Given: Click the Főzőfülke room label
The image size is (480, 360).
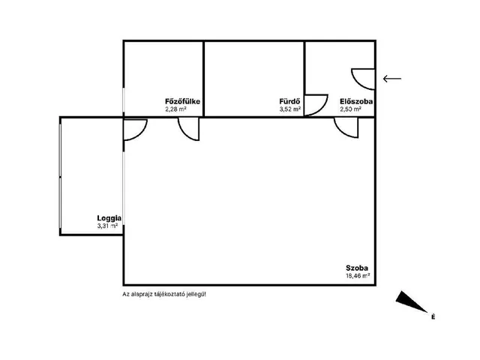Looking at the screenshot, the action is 182,101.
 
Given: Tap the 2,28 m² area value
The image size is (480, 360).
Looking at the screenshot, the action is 176,109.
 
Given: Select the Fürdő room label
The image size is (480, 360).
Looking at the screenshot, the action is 289,101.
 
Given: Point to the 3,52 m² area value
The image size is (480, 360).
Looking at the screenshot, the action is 290,109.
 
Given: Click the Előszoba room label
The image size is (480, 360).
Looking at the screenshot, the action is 356,101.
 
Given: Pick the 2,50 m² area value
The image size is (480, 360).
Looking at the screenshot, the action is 350,109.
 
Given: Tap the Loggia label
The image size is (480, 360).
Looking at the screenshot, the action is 109,218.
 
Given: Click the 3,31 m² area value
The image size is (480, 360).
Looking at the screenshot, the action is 107,226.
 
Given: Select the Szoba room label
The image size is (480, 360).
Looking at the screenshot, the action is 357,268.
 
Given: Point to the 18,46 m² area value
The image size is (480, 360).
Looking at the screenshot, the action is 358,275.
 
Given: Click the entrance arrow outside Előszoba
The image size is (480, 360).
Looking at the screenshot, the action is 392,79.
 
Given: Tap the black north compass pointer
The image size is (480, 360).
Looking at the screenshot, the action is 411,301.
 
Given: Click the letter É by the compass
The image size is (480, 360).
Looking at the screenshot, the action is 433,316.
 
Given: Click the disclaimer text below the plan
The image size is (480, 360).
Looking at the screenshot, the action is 164,295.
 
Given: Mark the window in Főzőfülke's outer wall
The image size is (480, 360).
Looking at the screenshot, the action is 123,100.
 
